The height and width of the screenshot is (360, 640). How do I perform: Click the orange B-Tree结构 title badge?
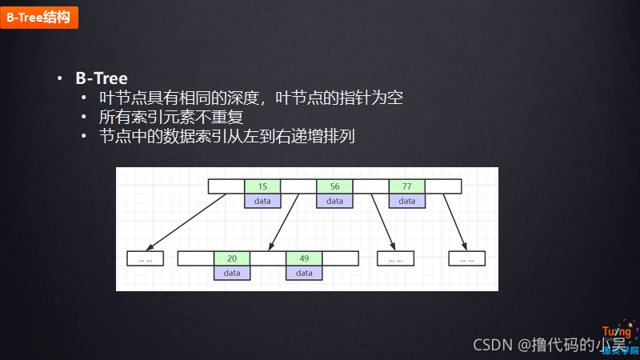(x=38, y=15)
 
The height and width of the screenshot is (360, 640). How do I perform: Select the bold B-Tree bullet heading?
(x=102, y=78)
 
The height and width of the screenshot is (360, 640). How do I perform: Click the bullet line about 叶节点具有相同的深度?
(x=250, y=98)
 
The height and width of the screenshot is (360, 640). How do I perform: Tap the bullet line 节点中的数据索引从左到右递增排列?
(x=226, y=135)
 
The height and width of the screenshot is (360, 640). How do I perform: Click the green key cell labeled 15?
(x=262, y=186)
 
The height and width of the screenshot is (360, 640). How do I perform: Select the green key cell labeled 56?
(x=334, y=186)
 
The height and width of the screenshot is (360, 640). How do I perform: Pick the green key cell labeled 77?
(x=407, y=186)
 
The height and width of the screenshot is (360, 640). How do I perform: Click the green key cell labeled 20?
(x=232, y=258)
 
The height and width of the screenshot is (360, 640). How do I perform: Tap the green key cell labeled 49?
(x=304, y=258)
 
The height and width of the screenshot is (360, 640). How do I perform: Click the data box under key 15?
(x=262, y=201)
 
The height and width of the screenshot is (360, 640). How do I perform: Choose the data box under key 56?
(x=334, y=201)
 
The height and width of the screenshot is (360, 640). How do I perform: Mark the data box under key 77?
(x=407, y=201)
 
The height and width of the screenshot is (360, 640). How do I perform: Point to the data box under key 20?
(x=232, y=273)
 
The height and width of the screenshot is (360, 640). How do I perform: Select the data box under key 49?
(x=304, y=273)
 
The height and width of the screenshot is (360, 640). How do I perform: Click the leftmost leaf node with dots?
(x=146, y=258)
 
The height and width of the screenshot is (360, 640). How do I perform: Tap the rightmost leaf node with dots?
(x=467, y=258)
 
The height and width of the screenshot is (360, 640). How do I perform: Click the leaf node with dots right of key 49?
(x=395, y=258)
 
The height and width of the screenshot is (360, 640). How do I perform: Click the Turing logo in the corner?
(x=618, y=339)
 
